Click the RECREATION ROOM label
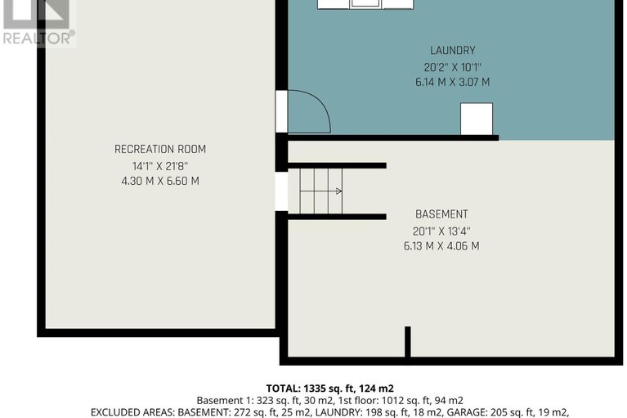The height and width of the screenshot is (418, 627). click(159, 149)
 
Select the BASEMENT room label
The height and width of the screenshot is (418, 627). click(441, 214)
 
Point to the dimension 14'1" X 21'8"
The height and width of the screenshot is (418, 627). click(159, 165)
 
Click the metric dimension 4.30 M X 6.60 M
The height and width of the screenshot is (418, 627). click(159, 181)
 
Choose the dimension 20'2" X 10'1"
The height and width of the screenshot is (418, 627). click(452, 66)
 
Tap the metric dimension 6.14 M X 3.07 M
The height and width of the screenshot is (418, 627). click(452, 82)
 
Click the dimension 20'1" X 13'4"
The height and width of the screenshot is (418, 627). click(441, 230)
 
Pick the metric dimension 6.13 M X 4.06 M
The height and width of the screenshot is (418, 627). click(441, 245)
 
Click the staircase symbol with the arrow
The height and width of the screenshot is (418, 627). click(320, 191)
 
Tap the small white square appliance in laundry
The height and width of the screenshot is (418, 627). click(477, 119)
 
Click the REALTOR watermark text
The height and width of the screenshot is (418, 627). click(38, 37)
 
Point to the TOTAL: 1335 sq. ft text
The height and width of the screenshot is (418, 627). click(330, 388)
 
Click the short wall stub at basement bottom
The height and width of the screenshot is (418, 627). click(407, 341)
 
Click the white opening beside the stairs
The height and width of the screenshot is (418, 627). click(281, 191)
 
